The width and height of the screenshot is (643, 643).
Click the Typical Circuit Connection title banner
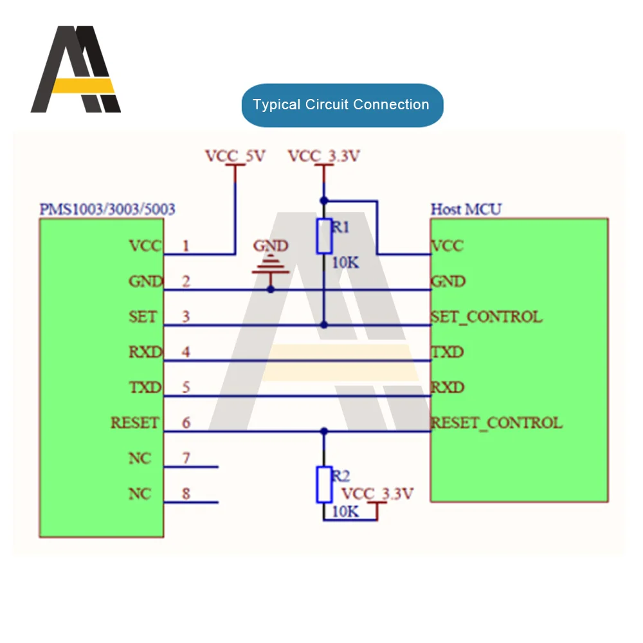pos(341,105)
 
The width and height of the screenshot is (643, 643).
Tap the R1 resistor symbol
pos(324,235)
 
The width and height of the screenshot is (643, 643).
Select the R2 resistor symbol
pos(324,485)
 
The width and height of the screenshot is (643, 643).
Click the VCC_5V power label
pos(235,156)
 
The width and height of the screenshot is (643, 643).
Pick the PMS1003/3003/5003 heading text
pos(107,210)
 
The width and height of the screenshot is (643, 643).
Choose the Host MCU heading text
pos(466,210)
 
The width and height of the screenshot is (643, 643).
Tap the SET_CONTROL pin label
pos(486,317)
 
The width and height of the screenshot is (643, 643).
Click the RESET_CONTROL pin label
pos(496,422)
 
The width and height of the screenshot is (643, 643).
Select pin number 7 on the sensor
pos(186,458)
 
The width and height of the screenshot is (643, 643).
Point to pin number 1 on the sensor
pos(186,246)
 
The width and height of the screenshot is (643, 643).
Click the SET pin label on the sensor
pos(143,317)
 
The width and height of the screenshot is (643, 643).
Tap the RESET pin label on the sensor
pos(134,422)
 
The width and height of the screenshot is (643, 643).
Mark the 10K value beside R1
pos(345,263)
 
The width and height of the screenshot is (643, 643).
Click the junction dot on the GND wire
pos(271,289)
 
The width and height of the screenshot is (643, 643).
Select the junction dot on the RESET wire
pos(324,431)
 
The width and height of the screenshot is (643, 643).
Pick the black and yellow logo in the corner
pos(76,69)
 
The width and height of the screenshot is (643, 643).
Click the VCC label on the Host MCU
pos(447,246)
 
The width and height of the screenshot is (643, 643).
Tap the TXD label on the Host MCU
pos(447,352)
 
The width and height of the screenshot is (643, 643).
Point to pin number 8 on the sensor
pos(186,494)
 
